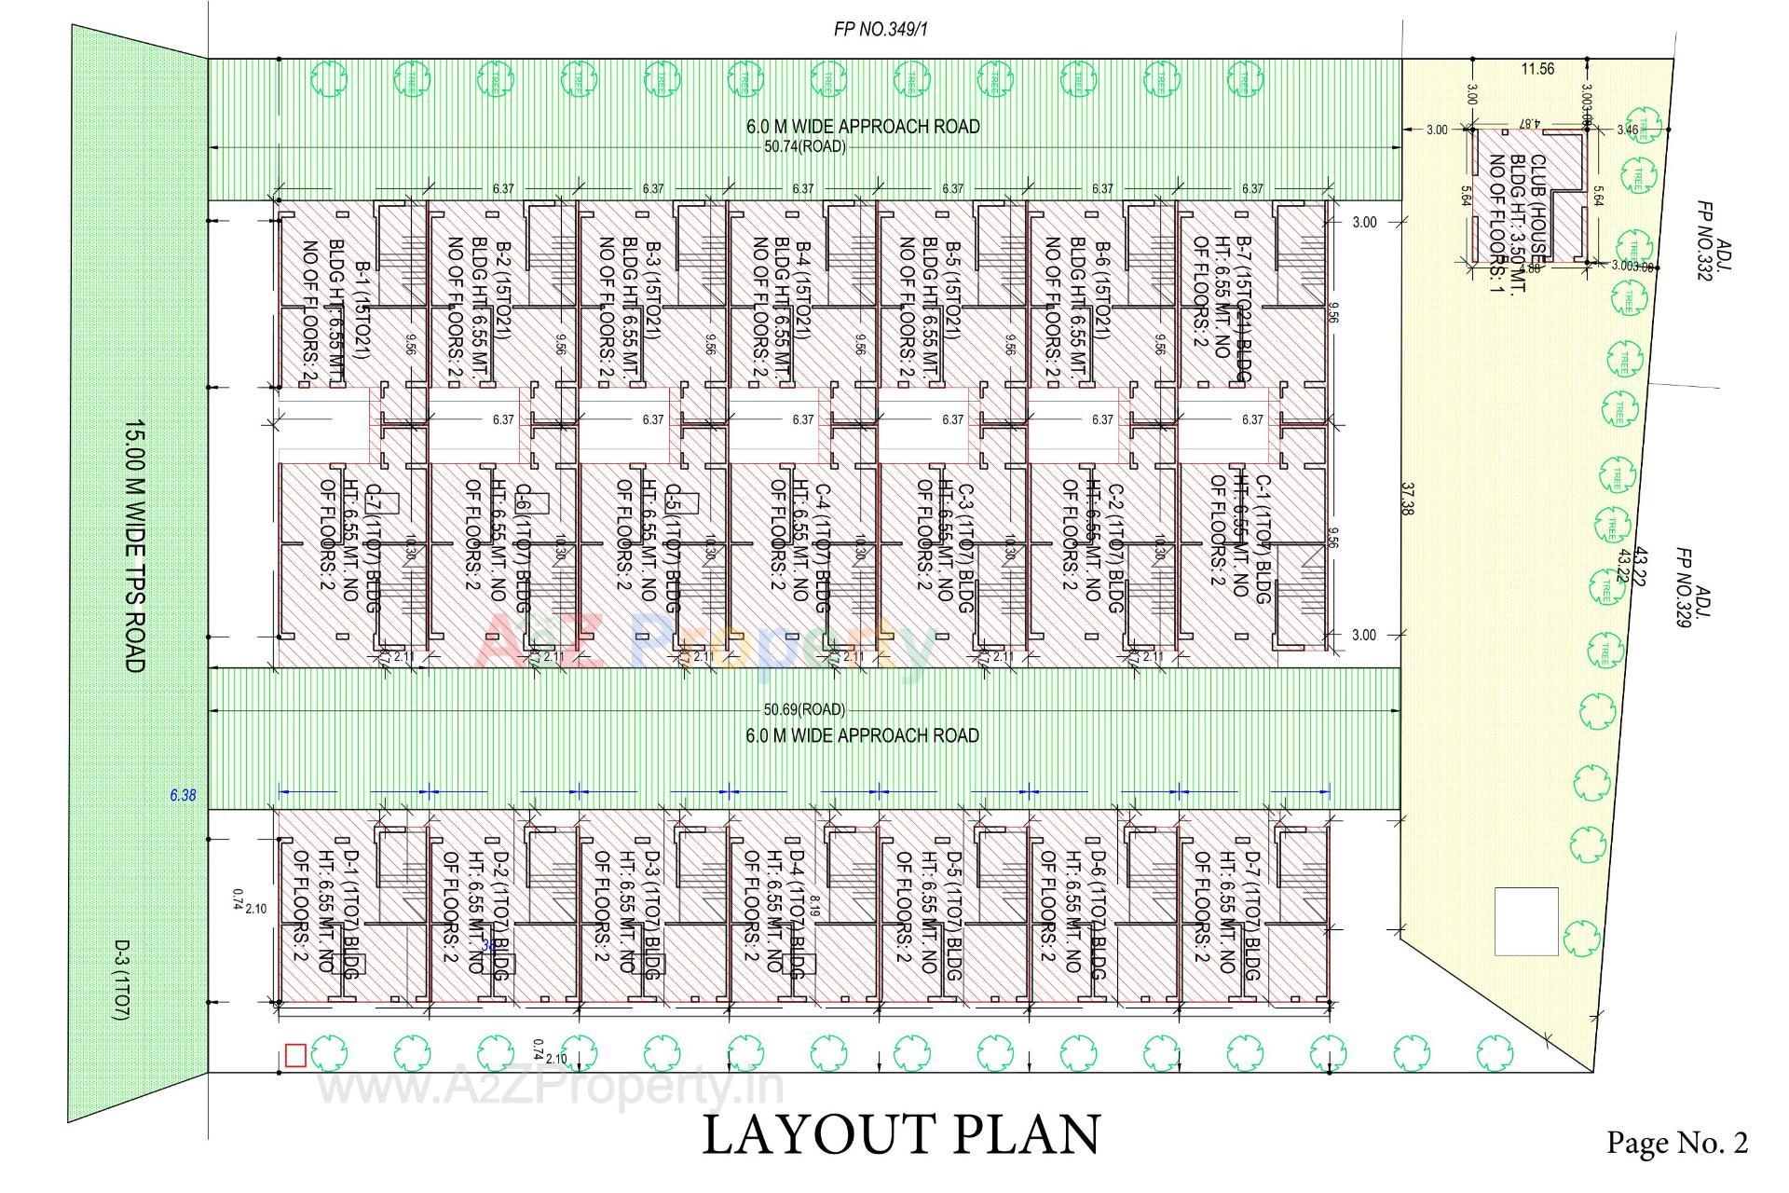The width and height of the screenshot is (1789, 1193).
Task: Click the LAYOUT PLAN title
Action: click(x=900, y=1135)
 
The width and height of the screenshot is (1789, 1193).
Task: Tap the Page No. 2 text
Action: click(x=1676, y=1143)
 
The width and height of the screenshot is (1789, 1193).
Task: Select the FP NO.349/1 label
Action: click(x=881, y=30)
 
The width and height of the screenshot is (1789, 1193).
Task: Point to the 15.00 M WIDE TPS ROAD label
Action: click(x=135, y=545)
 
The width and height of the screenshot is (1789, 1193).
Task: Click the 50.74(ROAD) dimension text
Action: click(x=805, y=147)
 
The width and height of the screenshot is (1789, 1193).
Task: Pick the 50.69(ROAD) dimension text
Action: click(x=804, y=710)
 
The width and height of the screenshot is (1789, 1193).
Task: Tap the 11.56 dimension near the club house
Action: click(x=1537, y=69)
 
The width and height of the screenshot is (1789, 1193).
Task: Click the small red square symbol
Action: click(x=295, y=1055)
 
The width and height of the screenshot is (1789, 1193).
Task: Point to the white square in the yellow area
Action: click(x=1526, y=922)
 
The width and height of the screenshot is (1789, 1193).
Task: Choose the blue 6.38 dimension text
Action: click(x=183, y=796)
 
